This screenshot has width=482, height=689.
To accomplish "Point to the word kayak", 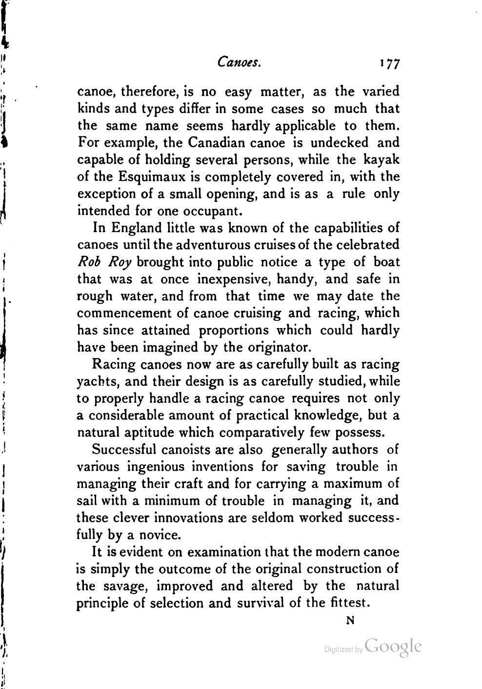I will click(x=382, y=160).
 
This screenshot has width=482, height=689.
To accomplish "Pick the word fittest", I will click(x=348, y=603).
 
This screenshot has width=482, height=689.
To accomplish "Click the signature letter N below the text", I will click(x=349, y=621).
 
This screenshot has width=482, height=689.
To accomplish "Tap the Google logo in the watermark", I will click(x=393, y=646).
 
